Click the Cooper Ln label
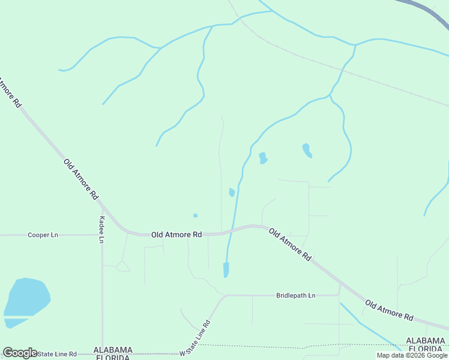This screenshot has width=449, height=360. pos(43,235)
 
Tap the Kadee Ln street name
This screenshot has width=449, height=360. pos(102,229)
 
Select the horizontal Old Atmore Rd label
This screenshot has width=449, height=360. pos(176,235)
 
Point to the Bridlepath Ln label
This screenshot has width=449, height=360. pos(295,295)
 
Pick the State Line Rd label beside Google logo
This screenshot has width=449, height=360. pos(58,354)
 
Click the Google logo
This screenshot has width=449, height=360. pos(20,353)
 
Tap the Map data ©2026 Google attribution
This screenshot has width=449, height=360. pos(412,355)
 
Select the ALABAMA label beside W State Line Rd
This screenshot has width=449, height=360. pos(113,349)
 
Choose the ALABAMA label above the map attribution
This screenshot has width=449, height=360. pos(426,341)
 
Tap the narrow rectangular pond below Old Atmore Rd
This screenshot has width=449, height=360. pos(226,269)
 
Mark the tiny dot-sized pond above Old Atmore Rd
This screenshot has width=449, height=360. pos(195,215)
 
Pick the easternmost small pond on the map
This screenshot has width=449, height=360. pos(307,150)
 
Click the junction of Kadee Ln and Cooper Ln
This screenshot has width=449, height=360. pos(102,235)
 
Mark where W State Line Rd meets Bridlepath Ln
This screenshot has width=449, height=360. pos(224,295)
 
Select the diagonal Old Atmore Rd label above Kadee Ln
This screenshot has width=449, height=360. pos(80,178)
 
